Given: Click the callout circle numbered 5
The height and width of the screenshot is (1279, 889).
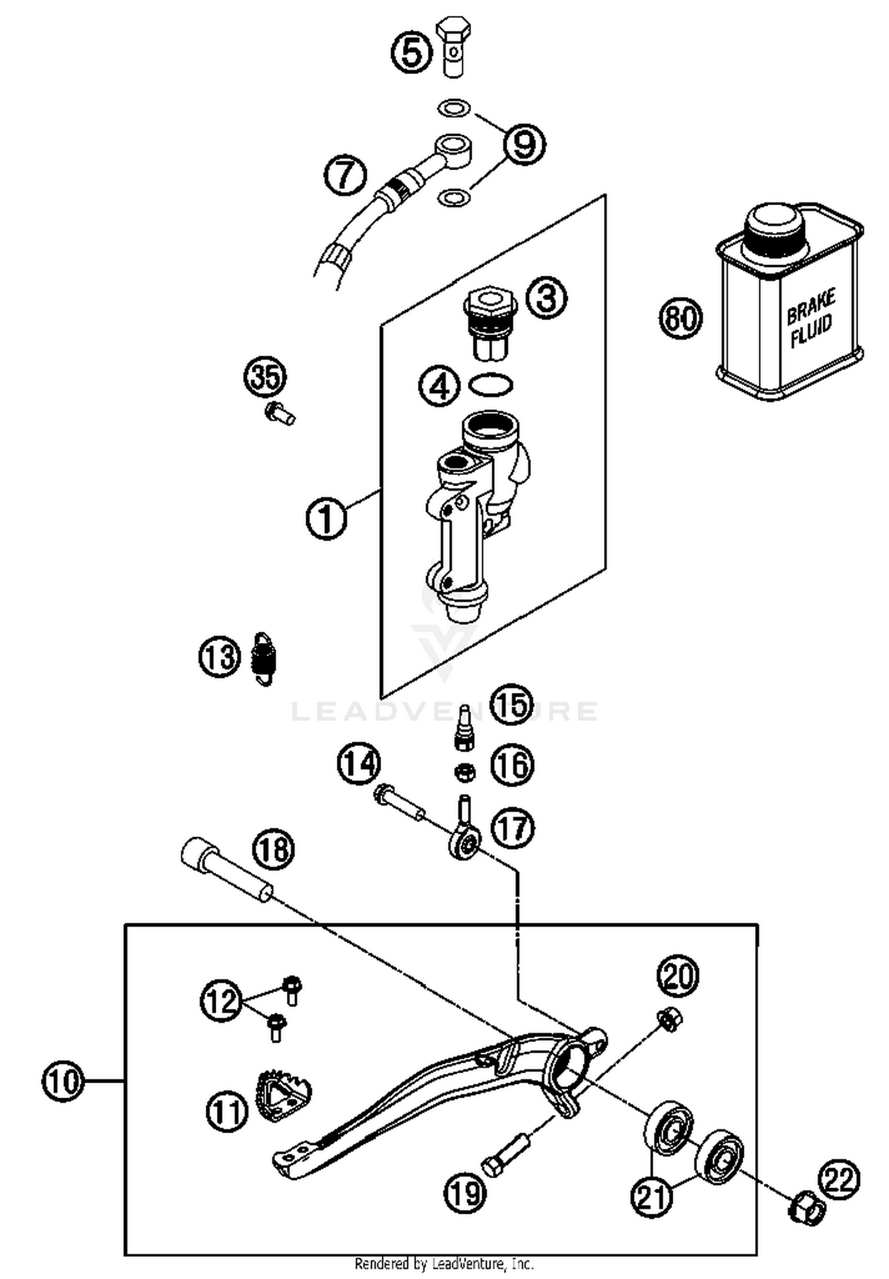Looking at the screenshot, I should pyautogui.click(x=412, y=52).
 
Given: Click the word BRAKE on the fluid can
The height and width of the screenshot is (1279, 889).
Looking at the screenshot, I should pyautogui.click(x=811, y=307).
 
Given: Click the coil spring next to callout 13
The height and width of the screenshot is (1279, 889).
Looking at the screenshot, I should pyautogui.click(x=265, y=659).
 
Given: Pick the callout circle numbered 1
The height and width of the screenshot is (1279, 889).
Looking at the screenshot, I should pyautogui.click(x=327, y=518).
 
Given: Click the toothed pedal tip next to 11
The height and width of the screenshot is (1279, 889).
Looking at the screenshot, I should pyautogui.click(x=283, y=1091).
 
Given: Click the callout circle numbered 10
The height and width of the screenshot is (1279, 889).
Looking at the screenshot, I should pyautogui.click(x=63, y=1082).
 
